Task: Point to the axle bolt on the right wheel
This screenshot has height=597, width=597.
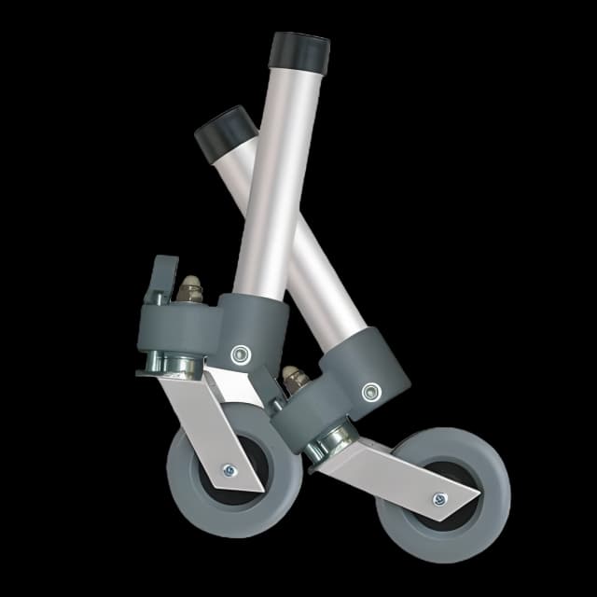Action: point(438,500)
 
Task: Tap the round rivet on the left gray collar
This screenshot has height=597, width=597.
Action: point(240,354)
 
